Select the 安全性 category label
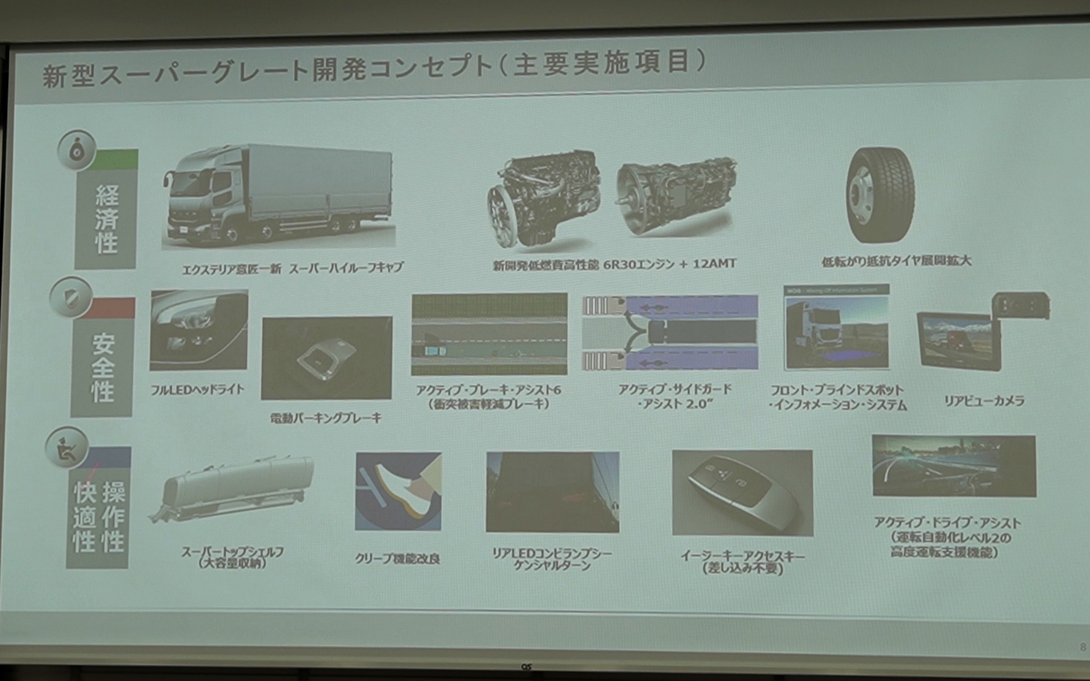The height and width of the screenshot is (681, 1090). [x=103, y=367]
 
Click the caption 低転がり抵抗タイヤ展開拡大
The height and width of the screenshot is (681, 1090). [x=896, y=262]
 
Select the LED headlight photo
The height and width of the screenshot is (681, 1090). [x=199, y=330]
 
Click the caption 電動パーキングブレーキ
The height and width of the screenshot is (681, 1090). [x=326, y=418]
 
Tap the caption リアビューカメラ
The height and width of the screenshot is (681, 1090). [x=984, y=401]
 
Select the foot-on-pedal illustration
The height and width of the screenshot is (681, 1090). [x=398, y=491]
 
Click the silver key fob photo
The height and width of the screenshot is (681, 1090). [x=742, y=492]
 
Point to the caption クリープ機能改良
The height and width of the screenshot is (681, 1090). [x=397, y=559]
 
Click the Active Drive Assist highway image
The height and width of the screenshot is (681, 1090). [x=954, y=466]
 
